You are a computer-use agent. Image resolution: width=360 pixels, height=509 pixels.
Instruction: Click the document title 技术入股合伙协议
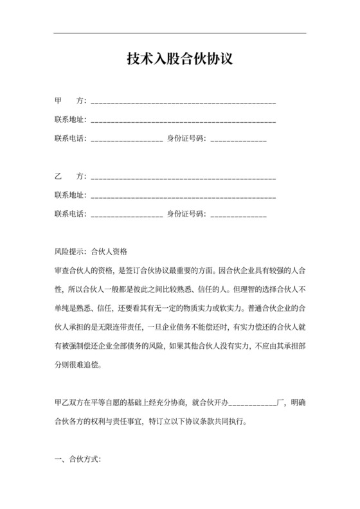179,60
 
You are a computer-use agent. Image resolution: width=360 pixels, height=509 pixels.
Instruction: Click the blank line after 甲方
184,103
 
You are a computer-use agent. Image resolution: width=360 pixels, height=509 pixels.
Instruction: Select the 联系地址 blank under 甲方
184,120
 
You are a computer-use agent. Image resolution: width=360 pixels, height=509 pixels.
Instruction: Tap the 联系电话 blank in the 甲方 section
127,138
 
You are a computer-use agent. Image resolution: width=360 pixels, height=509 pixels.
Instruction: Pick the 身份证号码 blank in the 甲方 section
238,138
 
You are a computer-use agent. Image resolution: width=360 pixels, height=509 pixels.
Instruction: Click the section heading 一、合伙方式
77,460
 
